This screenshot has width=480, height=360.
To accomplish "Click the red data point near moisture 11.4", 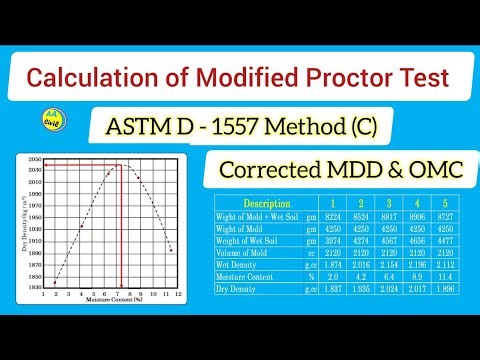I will [171, 250].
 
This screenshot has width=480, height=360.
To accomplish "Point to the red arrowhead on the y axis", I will [48, 164].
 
